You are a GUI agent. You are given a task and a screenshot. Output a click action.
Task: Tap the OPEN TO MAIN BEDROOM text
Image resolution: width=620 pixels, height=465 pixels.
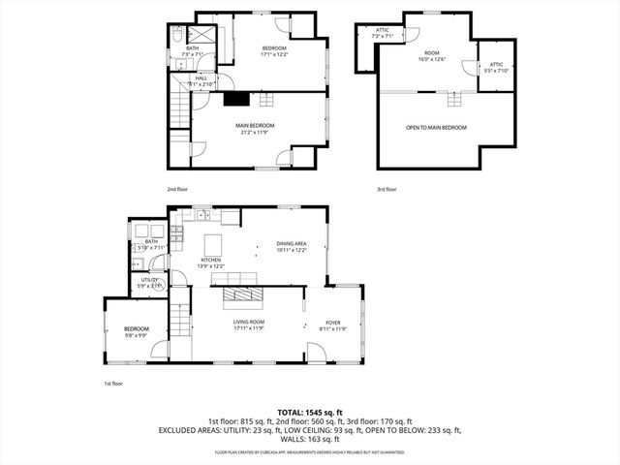pyautogui.click(x=435, y=128)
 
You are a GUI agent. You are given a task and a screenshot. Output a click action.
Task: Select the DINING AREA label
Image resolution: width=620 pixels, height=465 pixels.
pyautogui.click(x=292, y=244)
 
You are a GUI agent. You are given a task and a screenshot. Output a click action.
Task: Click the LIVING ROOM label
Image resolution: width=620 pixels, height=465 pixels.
pyautogui.click(x=249, y=322)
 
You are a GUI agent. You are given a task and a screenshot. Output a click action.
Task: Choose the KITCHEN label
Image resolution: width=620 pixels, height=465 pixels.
pyautogui.click(x=211, y=260)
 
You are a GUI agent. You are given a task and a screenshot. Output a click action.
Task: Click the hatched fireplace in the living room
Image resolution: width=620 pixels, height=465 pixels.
pyautogui.click(x=238, y=294)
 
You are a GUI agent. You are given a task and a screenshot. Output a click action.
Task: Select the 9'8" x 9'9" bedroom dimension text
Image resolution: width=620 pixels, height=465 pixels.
pyautogui.click(x=136, y=336)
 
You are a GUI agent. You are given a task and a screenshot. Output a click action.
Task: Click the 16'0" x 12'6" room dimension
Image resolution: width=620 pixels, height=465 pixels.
pyautogui.click(x=432, y=59)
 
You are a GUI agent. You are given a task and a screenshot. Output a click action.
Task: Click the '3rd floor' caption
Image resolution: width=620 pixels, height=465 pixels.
pyautogui.click(x=387, y=189)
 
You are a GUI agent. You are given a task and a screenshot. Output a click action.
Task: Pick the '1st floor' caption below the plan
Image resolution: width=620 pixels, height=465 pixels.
pyautogui.click(x=113, y=385)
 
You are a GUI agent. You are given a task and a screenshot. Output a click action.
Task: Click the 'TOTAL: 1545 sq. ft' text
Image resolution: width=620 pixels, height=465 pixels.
pyautogui.click(x=309, y=413)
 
